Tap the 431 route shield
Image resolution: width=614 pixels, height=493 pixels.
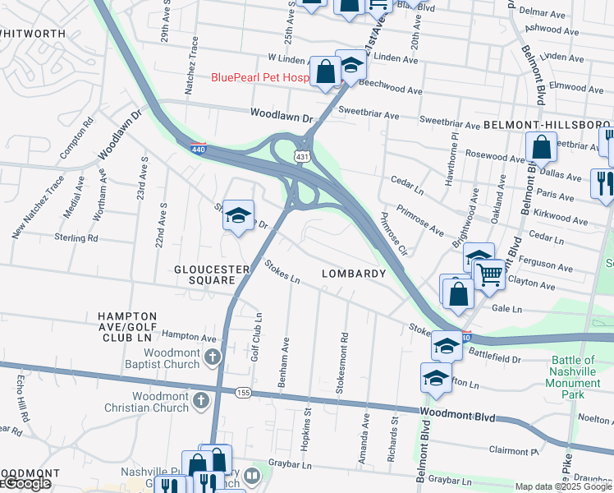tap(303, 156)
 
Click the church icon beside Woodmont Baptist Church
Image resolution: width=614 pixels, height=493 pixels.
tap(213, 357)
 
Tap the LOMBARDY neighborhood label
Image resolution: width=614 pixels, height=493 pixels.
tap(354, 274)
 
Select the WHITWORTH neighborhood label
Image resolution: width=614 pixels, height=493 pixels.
tap(33, 33)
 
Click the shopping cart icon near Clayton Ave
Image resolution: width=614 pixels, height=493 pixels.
tap(489, 274)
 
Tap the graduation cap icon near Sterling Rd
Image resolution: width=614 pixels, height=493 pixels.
tap(238, 215)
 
